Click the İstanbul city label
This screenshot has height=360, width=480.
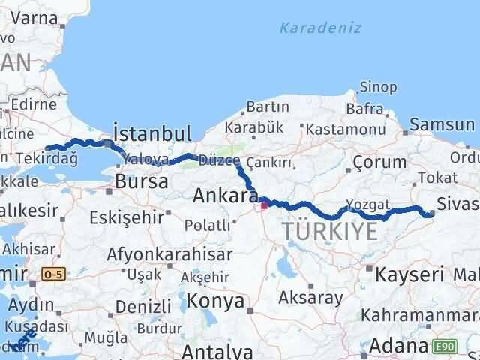(152, 133)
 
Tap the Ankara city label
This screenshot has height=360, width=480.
(225, 196)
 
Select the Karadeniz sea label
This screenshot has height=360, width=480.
(320, 28)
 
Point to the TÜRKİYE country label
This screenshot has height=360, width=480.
(331, 232)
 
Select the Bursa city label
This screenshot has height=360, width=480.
(136, 181)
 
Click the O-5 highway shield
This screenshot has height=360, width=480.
(54, 274)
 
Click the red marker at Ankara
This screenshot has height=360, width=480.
(264, 202)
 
